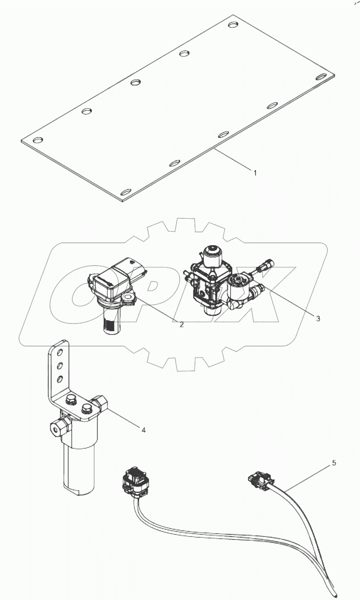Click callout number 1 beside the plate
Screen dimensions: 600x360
tap(255, 173)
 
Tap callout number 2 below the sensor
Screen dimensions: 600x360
tap(182, 324)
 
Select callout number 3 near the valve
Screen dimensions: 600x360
tap(318, 319)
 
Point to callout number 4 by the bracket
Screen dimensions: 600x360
tap(143, 430)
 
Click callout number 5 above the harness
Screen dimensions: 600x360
tap(334, 463)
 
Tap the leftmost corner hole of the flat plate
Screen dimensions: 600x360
tap(38, 140)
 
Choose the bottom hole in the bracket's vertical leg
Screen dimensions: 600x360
tap(59, 379)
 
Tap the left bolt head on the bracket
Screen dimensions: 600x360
tap(70, 400)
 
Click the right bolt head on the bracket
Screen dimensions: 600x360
tap(86, 408)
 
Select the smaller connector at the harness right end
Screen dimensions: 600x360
tap(259, 480)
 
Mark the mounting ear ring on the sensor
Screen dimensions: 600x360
tap(129, 297)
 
